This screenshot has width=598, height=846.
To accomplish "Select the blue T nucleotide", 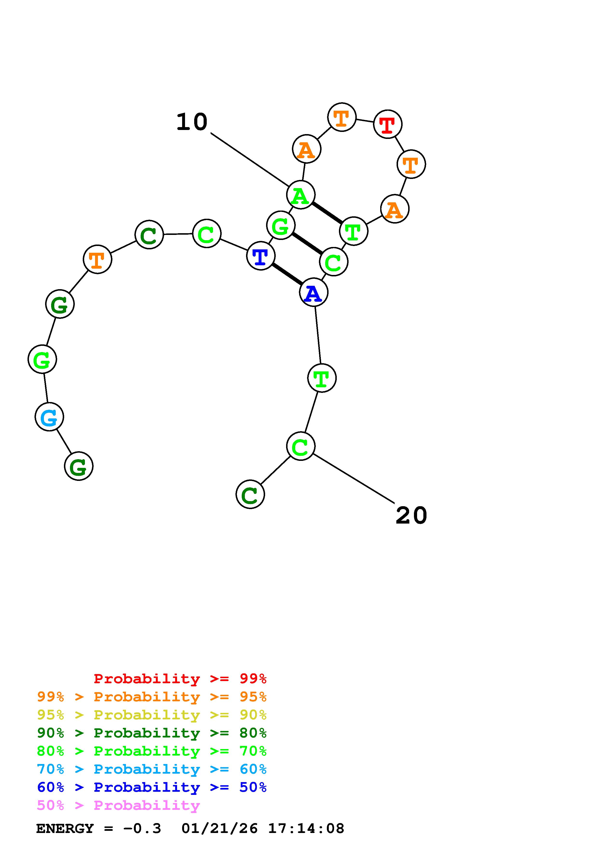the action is (261, 256).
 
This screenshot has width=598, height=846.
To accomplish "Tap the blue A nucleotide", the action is (314, 293).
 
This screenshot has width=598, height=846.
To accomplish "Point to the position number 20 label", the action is (411, 515).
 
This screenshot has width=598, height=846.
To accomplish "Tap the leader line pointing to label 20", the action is (354, 478).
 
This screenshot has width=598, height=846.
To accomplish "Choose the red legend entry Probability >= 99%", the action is (180, 679).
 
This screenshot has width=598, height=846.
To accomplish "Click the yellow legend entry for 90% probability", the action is (152, 715).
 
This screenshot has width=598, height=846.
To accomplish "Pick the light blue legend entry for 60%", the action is (152, 769).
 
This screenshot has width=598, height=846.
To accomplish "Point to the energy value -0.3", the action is (142, 829).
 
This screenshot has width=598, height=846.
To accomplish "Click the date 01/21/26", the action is (220, 829).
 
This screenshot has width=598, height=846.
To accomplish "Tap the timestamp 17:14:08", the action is (306, 829).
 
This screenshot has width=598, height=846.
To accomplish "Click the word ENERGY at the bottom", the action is (65, 829).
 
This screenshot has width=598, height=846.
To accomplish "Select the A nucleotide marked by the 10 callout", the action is (301, 195).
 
